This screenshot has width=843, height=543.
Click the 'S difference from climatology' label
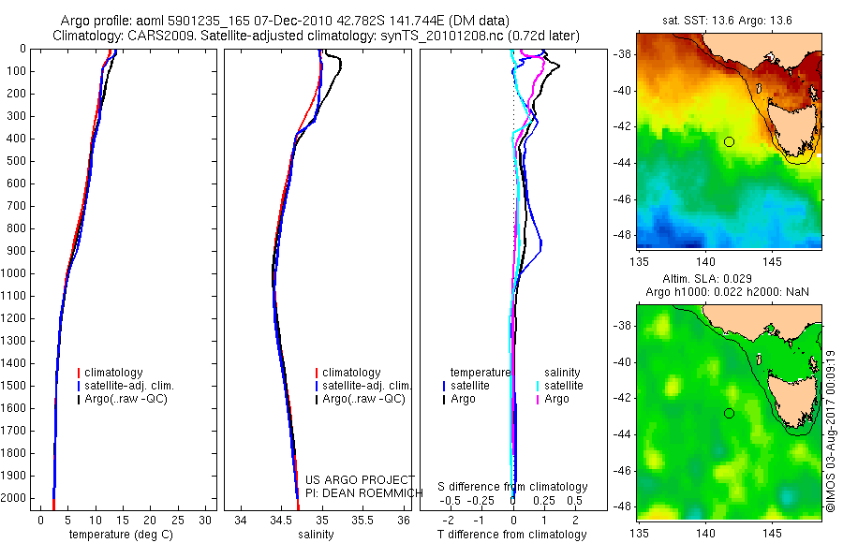(x=512, y=487)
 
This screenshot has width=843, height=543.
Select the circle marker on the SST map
(x=729, y=141)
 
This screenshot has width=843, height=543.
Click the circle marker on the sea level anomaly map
(x=729, y=413)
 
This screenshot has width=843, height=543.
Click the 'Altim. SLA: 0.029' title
(x=729, y=280)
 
